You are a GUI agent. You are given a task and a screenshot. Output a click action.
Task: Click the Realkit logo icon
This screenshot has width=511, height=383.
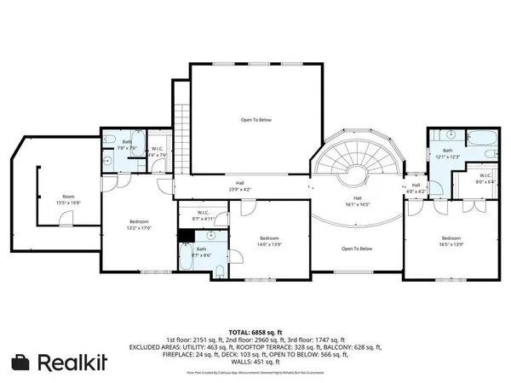[x=21, y=363]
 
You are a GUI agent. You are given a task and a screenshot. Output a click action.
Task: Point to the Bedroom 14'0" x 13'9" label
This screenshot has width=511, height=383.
[x=269, y=241]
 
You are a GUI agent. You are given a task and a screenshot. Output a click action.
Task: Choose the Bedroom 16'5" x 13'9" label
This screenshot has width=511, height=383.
[x=451, y=241]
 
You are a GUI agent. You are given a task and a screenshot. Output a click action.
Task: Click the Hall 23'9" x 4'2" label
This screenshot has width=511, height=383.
[x=241, y=188]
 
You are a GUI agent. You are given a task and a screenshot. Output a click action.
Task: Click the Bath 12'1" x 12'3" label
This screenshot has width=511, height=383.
[x=447, y=153]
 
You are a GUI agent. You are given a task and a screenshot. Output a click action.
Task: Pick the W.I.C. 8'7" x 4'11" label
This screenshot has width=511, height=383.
[x=203, y=216]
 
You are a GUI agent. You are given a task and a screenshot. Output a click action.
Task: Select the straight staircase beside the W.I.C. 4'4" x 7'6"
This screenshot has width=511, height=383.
[x=180, y=128]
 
